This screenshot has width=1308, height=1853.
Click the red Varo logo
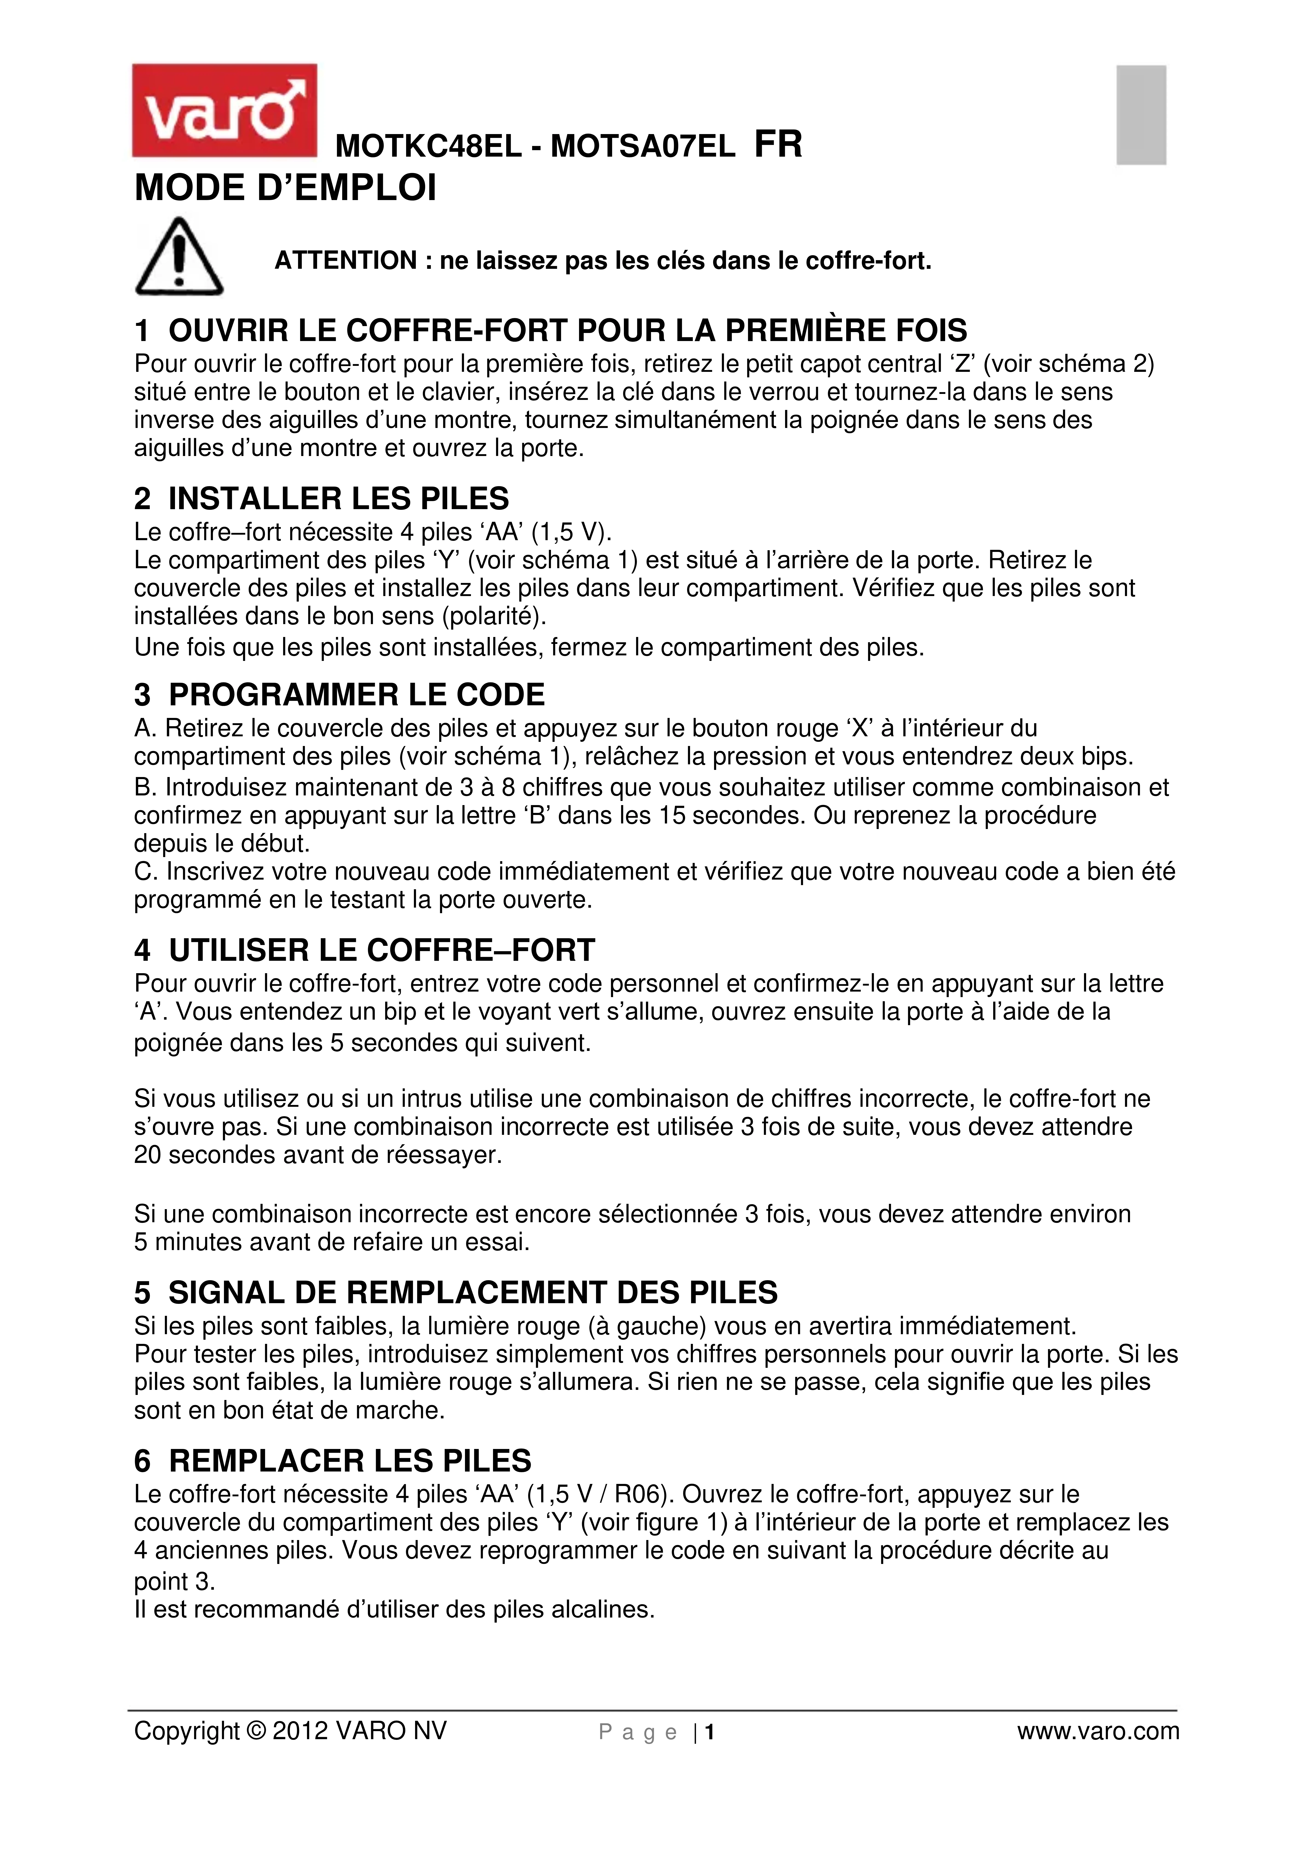pos(224,111)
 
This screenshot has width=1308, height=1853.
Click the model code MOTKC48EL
pos(428,147)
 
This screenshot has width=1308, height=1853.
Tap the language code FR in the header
pos(778,145)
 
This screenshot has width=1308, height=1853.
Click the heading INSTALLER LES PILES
pos(338,499)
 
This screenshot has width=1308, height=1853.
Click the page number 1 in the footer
pos(710,1732)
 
